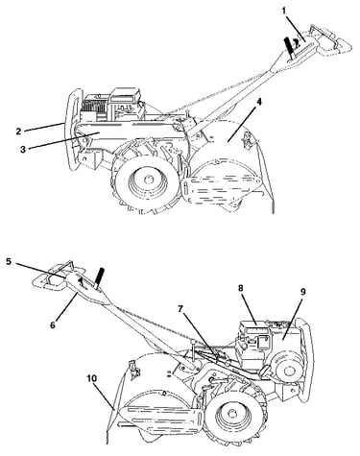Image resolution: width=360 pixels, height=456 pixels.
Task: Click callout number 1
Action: click(283, 11)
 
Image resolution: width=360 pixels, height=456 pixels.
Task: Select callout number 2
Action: click(18, 131)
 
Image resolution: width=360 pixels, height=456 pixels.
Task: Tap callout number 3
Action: click(23, 149)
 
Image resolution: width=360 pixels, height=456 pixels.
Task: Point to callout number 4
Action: click(259, 102)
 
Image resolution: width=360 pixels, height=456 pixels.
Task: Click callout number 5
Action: click(9, 261)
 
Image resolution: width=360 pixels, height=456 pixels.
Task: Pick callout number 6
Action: click(53, 324)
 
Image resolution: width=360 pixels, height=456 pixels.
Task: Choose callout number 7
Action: click(180, 309)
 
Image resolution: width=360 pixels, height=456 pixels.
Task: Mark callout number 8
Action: click(241, 288)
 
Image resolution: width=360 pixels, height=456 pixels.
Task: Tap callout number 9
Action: click(302, 292)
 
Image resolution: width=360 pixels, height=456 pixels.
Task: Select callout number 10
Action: click(91, 378)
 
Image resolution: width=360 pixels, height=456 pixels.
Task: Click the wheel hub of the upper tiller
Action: click(148, 180)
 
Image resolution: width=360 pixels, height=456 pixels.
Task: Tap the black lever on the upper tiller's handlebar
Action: click(289, 47)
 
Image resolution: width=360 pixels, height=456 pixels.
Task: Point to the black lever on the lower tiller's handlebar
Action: click(99, 276)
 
